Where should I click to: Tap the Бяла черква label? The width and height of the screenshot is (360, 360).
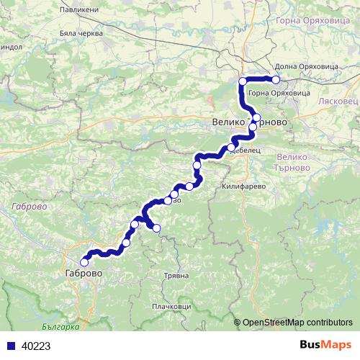[81, 33]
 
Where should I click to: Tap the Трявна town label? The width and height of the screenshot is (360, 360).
[176, 276]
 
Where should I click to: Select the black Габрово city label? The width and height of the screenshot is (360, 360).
[84, 274]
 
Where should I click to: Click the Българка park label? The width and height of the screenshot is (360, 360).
[59, 326]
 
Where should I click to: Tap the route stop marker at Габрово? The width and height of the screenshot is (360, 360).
[84, 263]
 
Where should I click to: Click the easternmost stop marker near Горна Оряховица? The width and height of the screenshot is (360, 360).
[275, 80]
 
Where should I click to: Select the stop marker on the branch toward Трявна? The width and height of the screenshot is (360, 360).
[157, 229]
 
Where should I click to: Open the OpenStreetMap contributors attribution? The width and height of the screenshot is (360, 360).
[297, 323]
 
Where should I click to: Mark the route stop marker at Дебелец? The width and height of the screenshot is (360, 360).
[231, 148]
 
